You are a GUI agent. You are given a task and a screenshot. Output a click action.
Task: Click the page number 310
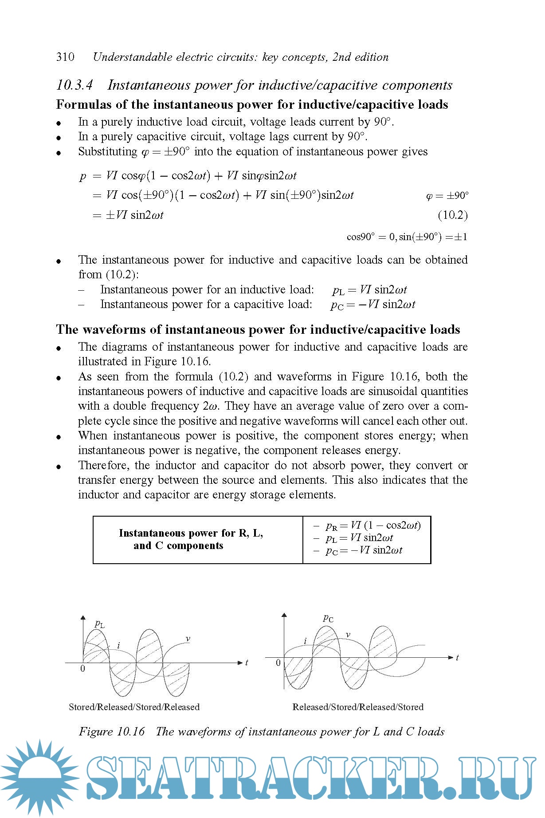(x=65, y=57)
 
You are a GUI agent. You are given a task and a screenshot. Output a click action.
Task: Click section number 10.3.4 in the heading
(x=74, y=85)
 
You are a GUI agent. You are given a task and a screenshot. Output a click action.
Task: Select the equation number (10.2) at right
(x=452, y=215)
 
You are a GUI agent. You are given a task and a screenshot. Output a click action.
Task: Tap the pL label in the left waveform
(x=100, y=624)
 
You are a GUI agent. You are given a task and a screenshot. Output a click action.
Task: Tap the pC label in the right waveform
(x=328, y=618)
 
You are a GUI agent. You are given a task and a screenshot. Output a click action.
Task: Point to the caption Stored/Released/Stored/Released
(x=134, y=707)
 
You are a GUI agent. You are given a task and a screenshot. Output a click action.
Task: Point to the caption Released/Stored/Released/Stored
(x=358, y=707)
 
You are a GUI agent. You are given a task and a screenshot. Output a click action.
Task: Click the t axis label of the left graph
(x=247, y=663)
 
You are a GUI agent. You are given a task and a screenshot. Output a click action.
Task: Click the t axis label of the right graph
(x=457, y=657)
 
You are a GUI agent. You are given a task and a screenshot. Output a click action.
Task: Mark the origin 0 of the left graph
(x=82, y=669)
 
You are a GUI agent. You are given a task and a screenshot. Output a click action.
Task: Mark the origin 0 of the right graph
(x=278, y=663)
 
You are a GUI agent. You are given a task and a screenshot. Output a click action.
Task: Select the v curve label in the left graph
(x=188, y=639)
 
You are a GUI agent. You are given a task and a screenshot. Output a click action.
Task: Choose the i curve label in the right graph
(x=305, y=641)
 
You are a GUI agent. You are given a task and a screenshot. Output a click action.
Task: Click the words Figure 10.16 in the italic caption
(x=112, y=731)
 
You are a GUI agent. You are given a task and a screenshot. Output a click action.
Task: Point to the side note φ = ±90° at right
(x=447, y=196)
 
